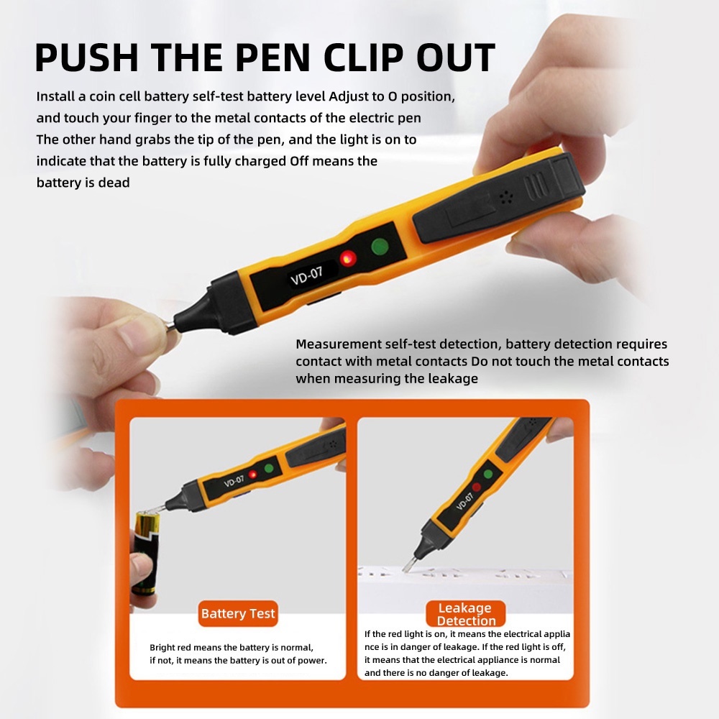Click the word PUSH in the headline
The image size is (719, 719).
coord(87,58)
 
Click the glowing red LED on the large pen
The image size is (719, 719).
coord(348,259)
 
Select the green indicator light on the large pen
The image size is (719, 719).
coord(380,246)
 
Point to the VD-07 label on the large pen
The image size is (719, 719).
coord(307,275)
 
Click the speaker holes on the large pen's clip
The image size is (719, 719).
coord(505,197)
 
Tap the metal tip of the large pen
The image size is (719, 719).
coord(170,326)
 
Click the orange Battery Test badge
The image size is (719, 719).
coord(238,613)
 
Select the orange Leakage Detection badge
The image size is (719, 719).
coord(466,613)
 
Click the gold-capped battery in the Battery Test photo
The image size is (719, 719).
coord(146,553)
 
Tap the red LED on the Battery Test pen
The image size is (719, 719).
coord(252,475)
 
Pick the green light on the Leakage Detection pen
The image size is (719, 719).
coord(488,474)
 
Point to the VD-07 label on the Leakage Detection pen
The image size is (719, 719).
coord(465,501)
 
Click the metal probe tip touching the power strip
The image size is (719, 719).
coord(408,564)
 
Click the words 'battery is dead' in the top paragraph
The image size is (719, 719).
coord(83,183)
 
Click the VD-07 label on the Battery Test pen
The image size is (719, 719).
coord(234,482)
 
